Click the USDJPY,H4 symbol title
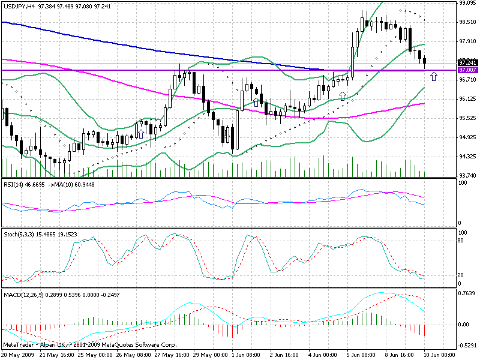point(20,4)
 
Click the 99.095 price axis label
point(467,3)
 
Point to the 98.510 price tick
point(467,22)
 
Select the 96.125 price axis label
point(467,99)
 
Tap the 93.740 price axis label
point(467,175)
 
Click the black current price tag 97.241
point(467,62)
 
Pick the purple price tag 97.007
point(467,70)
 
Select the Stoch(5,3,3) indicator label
point(19,234)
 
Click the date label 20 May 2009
point(19,355)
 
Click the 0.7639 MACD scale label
point(467,294)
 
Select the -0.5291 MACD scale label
point(467,345)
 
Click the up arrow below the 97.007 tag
point(434,76)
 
